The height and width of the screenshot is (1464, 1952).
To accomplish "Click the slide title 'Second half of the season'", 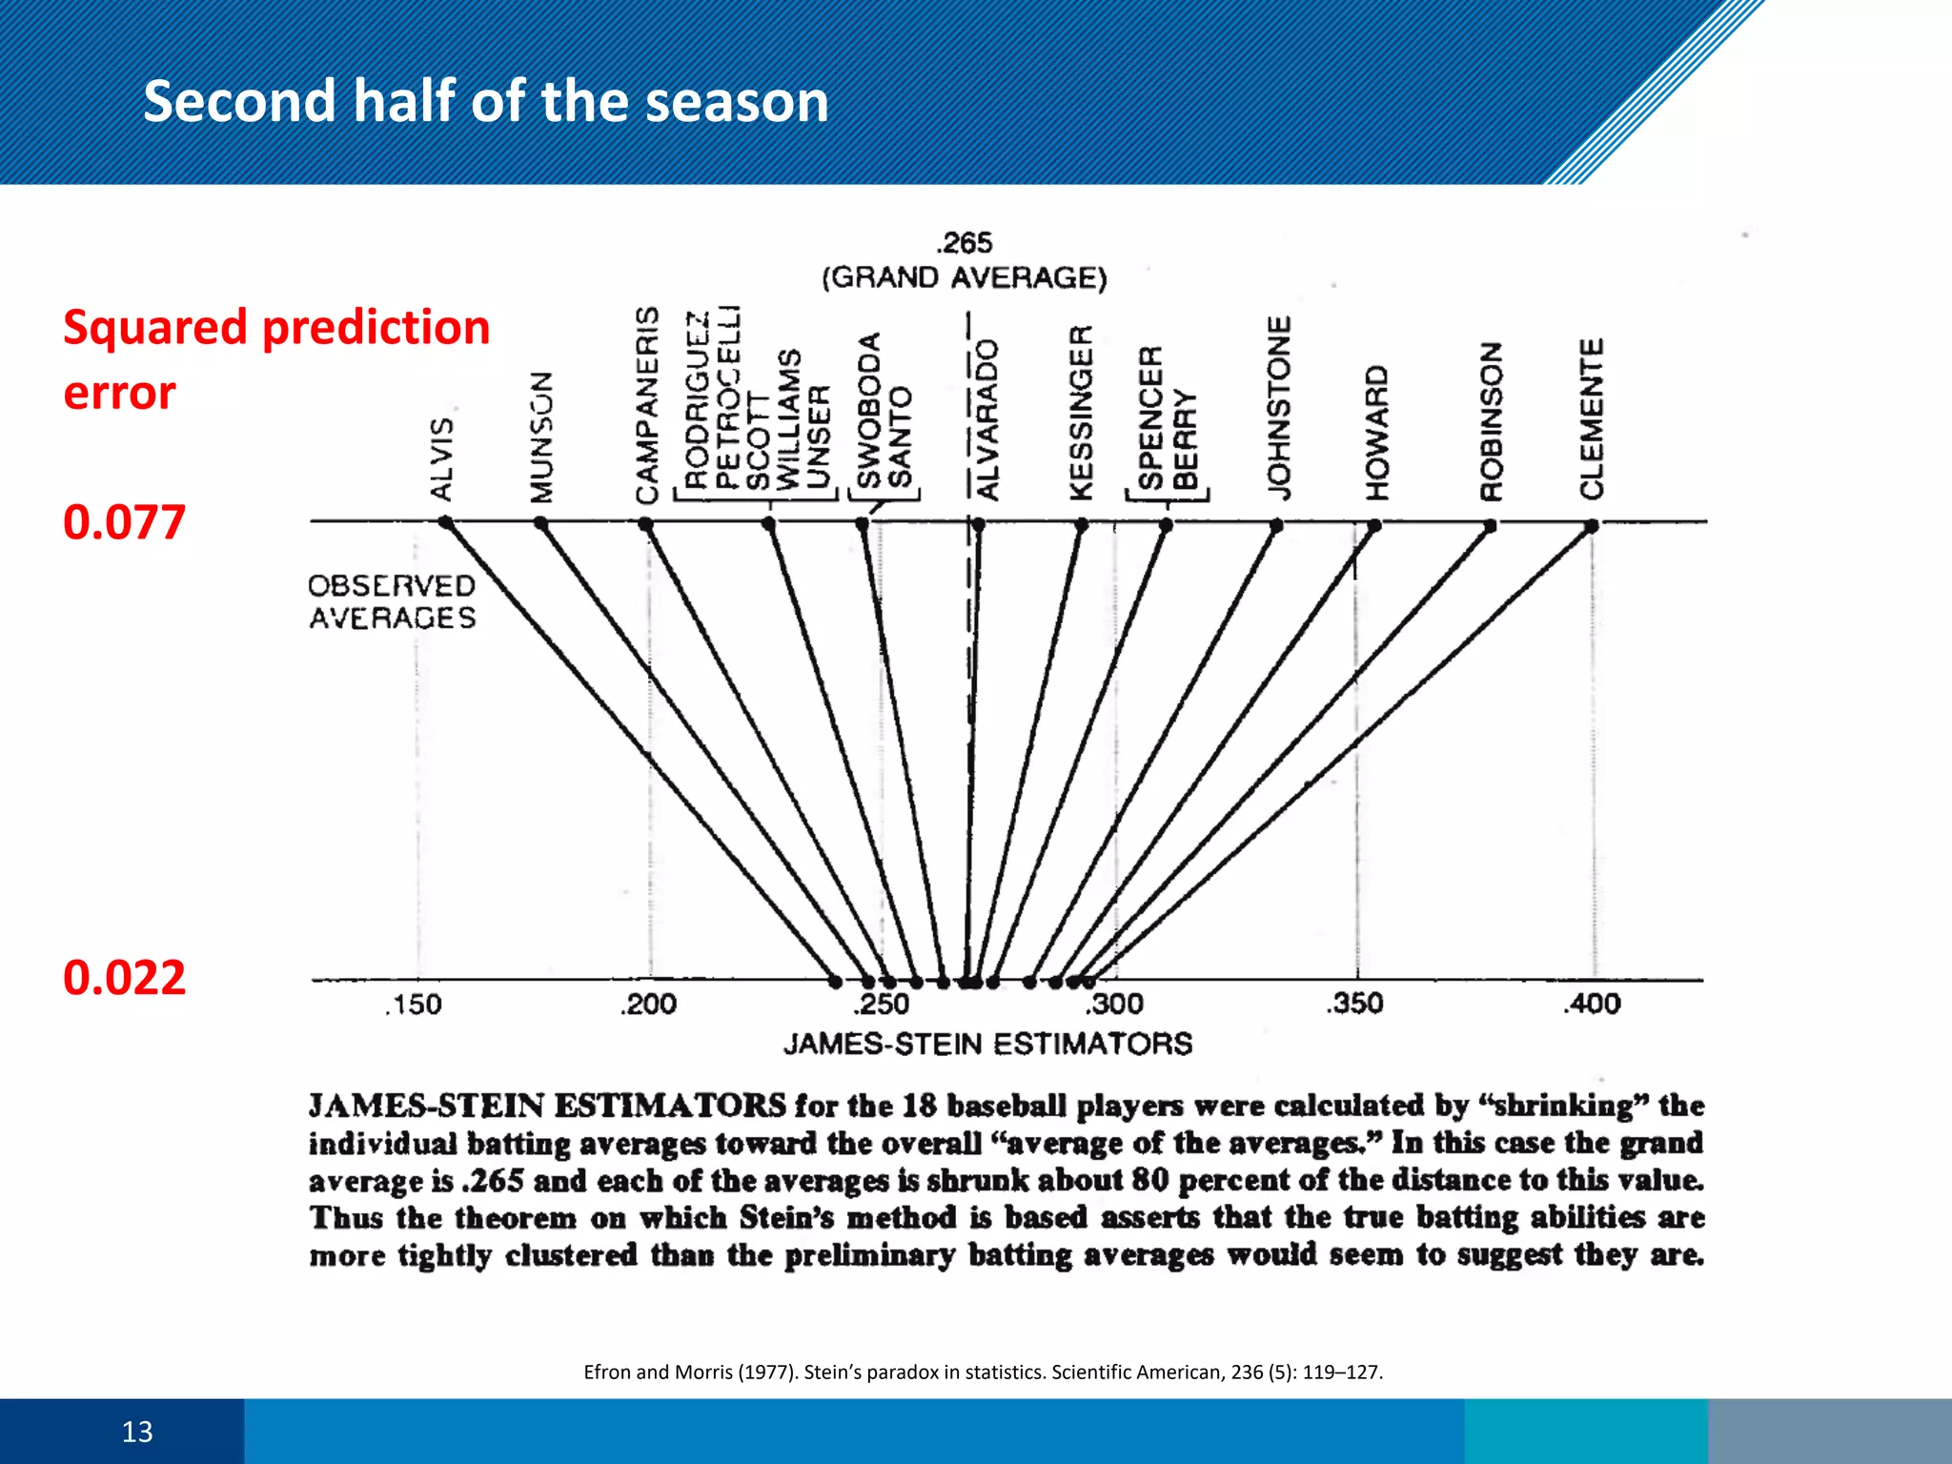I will coord(486,101).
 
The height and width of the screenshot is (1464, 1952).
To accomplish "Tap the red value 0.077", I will coord(124,522).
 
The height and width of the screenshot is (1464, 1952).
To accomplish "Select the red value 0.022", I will coord(124,978).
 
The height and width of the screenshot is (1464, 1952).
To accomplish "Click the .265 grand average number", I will coord(965,243).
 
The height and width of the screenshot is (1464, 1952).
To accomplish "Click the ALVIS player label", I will coord(441,458).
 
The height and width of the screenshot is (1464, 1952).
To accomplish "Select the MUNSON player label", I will coord(541,437).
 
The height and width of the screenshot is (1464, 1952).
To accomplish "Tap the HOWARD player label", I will coord(1376,432).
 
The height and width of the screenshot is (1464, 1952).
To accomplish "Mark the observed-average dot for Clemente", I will coord(1592,525).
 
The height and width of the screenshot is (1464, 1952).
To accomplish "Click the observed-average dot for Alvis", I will coord(445,522).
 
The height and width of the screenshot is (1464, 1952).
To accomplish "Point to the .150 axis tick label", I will coord(414,1005).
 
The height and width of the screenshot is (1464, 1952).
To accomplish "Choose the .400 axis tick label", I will coord(1592,1004).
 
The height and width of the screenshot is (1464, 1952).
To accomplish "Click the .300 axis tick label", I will coord(1115,1004).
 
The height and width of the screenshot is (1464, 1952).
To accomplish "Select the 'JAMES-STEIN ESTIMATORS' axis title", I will coord(987,1044).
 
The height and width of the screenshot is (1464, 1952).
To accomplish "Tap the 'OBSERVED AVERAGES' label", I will coord(392,601).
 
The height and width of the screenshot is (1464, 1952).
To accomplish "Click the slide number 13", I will coord(137,1432).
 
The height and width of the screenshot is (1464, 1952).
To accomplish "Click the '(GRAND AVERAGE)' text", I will coord(965,277).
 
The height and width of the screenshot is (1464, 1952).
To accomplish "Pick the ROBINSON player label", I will coord(1491,420).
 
